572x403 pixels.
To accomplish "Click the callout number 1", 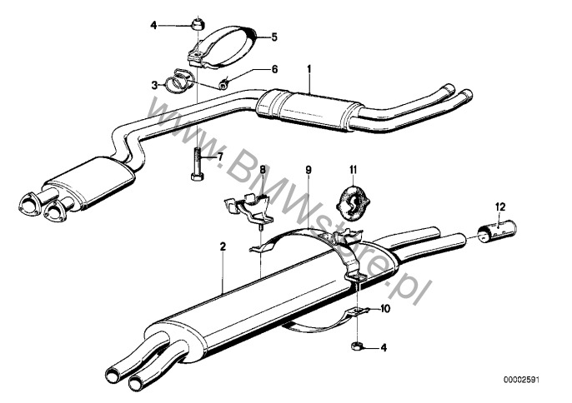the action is click(309, 69).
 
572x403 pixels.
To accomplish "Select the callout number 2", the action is click(223, 246).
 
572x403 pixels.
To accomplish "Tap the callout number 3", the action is click(154, 85).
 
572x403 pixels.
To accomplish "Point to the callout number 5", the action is click(274, 37).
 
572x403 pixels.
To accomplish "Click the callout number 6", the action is click(274, 69).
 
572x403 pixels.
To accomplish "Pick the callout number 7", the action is click(219, 157).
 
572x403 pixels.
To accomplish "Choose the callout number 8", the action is click(263, 169).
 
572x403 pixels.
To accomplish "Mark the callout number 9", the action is click(309, 169).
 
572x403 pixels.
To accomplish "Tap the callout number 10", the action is click(385, 309).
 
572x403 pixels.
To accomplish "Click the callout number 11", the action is click(353, 169).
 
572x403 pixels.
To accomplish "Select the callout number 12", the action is click(500, 207).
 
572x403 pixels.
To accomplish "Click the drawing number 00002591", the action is click(521, 380).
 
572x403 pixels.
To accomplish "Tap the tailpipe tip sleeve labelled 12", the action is click(497, 231).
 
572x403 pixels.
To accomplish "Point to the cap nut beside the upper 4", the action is click(198, 24).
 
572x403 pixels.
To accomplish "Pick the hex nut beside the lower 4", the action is click(356, 346).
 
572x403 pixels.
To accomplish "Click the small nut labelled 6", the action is click(223, 85).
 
